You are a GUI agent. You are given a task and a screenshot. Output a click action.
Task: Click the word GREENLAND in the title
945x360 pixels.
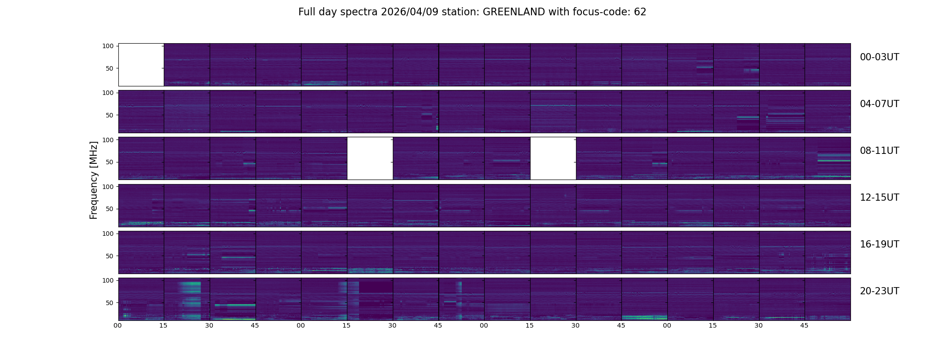pyautogui.click(x=513, y=12)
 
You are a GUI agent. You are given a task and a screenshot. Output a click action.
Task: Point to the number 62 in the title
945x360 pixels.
pyautogui.click(x=640, y=12)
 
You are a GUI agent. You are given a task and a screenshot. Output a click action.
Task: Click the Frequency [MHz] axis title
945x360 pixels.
pyautogui.click(x=94, y=180)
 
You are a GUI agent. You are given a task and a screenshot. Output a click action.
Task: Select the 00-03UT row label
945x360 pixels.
pyautogui.click(x=879, y=57)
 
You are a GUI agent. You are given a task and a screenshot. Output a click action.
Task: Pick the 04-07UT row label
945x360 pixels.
pyautogui.click(x=879, y=104)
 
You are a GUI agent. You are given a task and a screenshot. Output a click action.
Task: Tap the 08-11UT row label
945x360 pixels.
pyautogui.click(x=879, y=151)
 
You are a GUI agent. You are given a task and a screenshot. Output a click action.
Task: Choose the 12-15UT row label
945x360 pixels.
pyautogui.click(x=879, y=198)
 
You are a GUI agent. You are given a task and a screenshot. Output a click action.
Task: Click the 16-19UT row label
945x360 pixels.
pyautogui.click(x=879, y=244)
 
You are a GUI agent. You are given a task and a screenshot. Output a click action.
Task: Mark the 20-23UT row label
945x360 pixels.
pyautogui.click(x=879, y=291)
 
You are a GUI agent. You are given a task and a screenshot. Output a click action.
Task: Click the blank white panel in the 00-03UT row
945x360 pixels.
pyautogui.click(x=141, y=64)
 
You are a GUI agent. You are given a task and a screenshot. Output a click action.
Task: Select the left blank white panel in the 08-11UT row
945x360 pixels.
pyautogui.click(x=370, y=158)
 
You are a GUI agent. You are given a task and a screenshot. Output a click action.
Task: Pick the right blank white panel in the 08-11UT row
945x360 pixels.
pyautogui.click(x=553, y=158)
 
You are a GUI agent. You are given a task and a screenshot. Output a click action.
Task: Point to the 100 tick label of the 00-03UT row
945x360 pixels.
pyautogui.click(x=108, y=46)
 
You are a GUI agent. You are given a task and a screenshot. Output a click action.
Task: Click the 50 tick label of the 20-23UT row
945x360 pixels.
pyautogui.click(x=110, y=303)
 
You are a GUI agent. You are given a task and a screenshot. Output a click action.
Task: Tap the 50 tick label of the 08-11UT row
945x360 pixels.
pyautogui.click(x=110, y=162)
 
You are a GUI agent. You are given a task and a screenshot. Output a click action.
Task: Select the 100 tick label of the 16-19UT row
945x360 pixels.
pyautogui.click(x=108, y=234)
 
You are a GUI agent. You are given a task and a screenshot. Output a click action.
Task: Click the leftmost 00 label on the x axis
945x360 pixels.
pyautogui.click(x=118, y=325)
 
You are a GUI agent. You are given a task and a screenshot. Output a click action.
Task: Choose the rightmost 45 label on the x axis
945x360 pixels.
pyautogui.click(x=805, y=325)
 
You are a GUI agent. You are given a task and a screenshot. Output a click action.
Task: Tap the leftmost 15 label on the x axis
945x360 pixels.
pyautogui.click(x=163, y=325)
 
